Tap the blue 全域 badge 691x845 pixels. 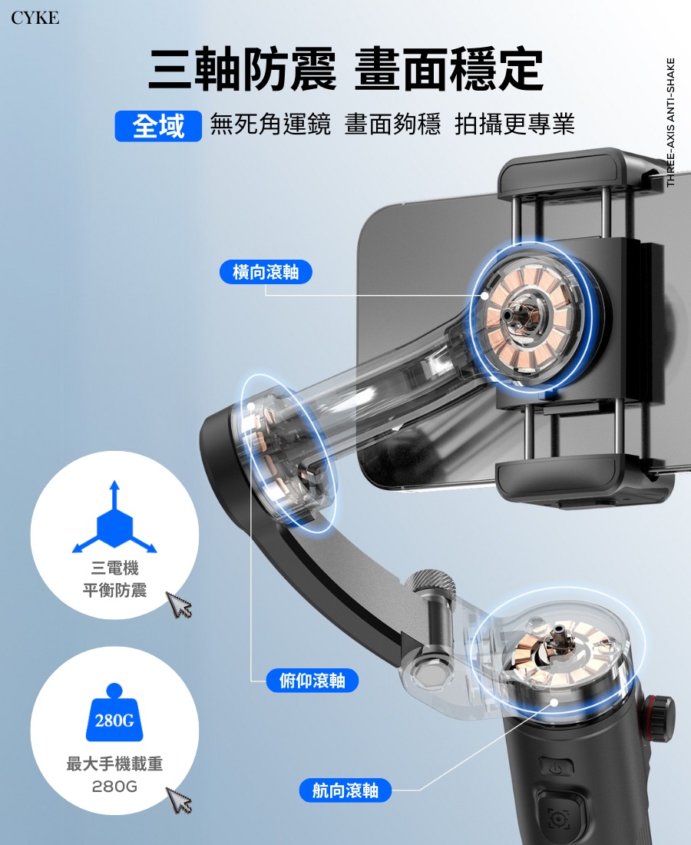point(158,126)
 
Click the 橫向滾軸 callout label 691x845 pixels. point(266,271)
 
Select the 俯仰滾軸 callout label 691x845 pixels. point(312,681)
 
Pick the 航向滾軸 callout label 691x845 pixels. point(345,790)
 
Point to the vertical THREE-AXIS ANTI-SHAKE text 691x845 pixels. point(670,123)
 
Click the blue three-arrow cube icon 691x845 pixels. point(114,522)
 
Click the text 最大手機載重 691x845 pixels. point(114,764)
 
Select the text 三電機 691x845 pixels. point(114,568)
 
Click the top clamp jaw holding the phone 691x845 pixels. point(568,174)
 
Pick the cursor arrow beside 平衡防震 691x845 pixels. point(179,605)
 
